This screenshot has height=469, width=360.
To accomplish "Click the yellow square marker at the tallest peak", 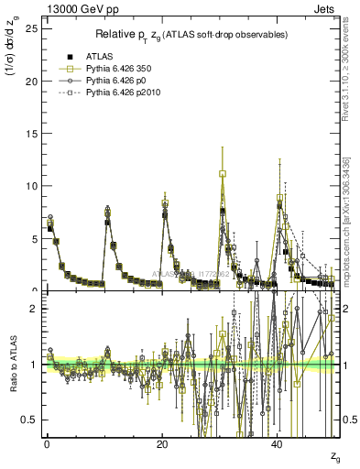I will pos(223,173).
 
